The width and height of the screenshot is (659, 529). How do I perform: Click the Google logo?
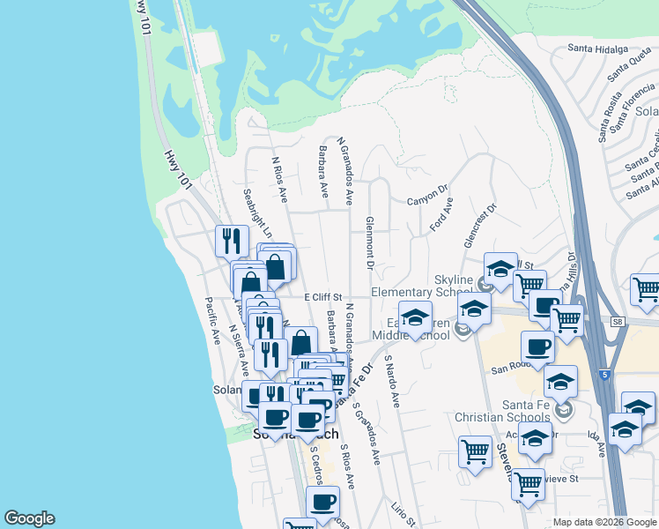[28, 518]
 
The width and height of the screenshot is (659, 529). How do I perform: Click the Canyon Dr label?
[428, 201]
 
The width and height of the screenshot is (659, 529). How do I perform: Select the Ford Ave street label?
[441, 214]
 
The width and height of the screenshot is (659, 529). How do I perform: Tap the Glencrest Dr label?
[479, 227]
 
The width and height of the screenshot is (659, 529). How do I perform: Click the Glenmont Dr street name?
[370, 242]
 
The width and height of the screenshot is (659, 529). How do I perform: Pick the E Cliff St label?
[322, 299]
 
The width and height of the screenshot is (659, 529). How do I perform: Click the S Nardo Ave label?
[392, 382]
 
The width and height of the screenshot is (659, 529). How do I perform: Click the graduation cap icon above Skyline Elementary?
[500, 267]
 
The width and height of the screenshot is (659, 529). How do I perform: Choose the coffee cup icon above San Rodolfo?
[537, 346]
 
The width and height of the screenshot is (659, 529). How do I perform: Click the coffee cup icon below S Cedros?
[322, 502]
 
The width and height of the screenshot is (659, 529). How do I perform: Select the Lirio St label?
[404, 513]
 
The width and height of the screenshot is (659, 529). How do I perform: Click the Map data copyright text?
[603, 522]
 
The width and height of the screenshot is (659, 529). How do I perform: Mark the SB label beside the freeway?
[617, 322]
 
